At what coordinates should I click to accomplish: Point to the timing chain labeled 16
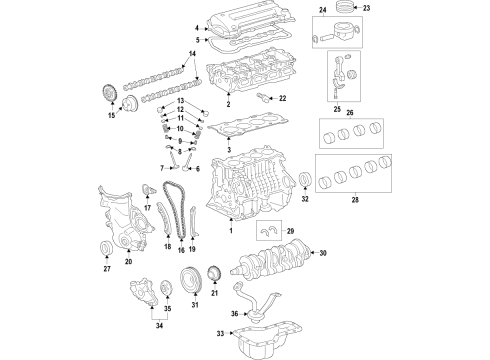(x=177, y=215)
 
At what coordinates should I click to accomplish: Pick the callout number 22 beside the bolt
(x=282, y=97)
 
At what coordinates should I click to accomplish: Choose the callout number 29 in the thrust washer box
(x=291, y=233)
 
